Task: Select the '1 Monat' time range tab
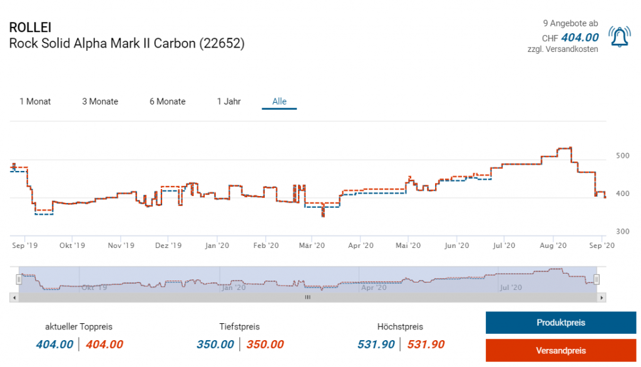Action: (x=35, y=101)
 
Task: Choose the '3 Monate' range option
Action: (x=100, y=101)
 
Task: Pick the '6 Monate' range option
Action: (x=167, y=101)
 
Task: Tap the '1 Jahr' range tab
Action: (x=228, y=101)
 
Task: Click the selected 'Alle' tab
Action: (x=279, y=101)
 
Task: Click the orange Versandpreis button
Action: (x=560, y=350)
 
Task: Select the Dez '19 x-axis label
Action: (x=168, y=246)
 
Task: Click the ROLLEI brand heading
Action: (x=30, y=28)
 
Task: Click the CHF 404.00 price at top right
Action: (x=580, y=38)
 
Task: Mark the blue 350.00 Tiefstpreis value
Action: (x=215, y=344)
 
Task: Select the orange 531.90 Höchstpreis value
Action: (x=426, y=344)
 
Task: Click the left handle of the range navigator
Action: (x=19, y=279)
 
